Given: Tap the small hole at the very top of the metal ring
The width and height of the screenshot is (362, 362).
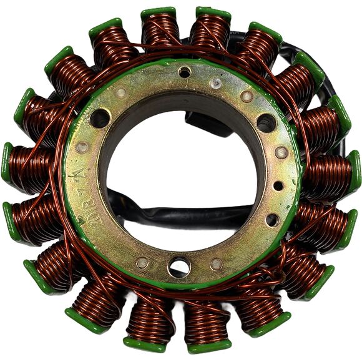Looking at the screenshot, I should click(x=185, y=72).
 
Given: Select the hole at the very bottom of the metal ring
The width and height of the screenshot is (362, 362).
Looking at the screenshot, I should click(x=179, y=267).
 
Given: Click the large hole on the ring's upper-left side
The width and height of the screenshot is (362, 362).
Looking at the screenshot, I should click(x=100, y=117).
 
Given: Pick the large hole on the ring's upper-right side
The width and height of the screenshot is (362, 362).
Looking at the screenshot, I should click(x=266, y=122).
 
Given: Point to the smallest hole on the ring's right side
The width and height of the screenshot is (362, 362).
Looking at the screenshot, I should click(x=278, y=185).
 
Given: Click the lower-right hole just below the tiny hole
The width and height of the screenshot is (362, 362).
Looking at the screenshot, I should click(x=272, y=219).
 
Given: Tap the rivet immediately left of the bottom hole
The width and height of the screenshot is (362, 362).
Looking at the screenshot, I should click(x=143, y=263).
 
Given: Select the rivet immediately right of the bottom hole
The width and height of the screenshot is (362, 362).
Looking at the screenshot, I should click(x=216, y=264).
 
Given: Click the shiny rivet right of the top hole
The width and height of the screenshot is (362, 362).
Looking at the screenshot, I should click(x=215, y=83).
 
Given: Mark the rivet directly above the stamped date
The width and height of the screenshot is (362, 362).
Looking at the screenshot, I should click(x=82, y=147).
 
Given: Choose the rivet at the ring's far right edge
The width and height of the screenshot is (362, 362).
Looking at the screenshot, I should click(x=281, y=152).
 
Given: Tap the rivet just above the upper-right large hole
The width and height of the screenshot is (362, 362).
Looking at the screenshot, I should click(x=247, y=97).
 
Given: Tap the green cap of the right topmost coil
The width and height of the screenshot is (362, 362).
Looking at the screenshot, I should click(x=213, y=12).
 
